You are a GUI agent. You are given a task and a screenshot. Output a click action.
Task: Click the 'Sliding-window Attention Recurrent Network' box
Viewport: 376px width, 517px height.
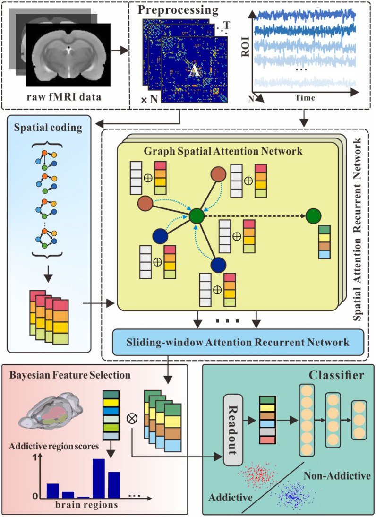(x=238, y=342)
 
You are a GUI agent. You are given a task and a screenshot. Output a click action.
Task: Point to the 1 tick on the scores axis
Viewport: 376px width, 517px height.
(x=34, y=458)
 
